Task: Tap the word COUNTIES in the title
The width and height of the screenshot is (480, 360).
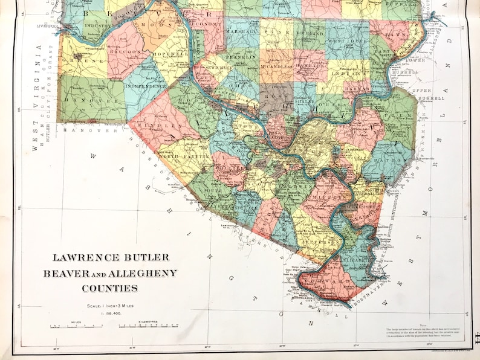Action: point(111,288)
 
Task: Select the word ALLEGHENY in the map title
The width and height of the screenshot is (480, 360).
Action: point(144,273)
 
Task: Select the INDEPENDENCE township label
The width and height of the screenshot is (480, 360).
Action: point(146,86)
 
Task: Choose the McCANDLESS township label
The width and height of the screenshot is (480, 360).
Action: point(276,61)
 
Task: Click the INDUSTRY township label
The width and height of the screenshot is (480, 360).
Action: point(97,26)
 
